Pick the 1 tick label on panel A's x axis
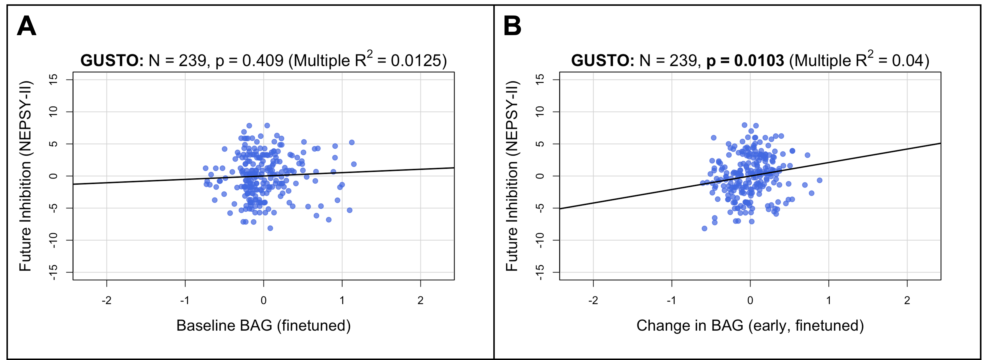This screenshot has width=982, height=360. click(x=342, y=301)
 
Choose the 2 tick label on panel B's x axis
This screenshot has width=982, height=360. click(x=907, y=301)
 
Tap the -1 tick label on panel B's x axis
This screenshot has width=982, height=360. click(x=671, y=301)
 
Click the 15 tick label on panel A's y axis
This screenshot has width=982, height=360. click(x=53, y=79)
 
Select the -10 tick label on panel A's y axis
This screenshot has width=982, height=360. click(x=53, y=240)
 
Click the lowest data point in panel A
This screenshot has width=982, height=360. click(x=270, y=228)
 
